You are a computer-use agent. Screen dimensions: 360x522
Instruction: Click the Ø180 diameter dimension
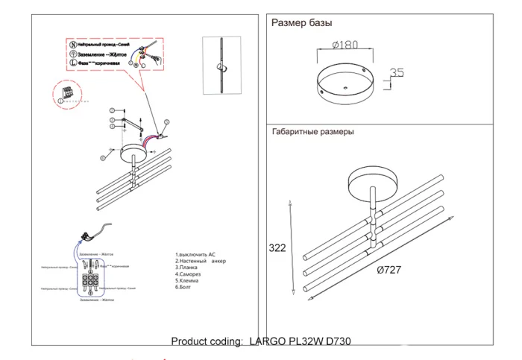point(345,45)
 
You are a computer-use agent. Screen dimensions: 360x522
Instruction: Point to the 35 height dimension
point(396,73)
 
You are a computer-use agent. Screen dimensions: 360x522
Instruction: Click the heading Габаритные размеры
point(313,131)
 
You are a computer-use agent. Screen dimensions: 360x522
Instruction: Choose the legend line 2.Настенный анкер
point(199,262)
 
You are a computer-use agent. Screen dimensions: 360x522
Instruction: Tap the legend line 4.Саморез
point(188,275)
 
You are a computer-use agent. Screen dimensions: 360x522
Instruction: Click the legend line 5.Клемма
point(187,282)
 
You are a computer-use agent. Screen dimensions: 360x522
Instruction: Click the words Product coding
point(206,341)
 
